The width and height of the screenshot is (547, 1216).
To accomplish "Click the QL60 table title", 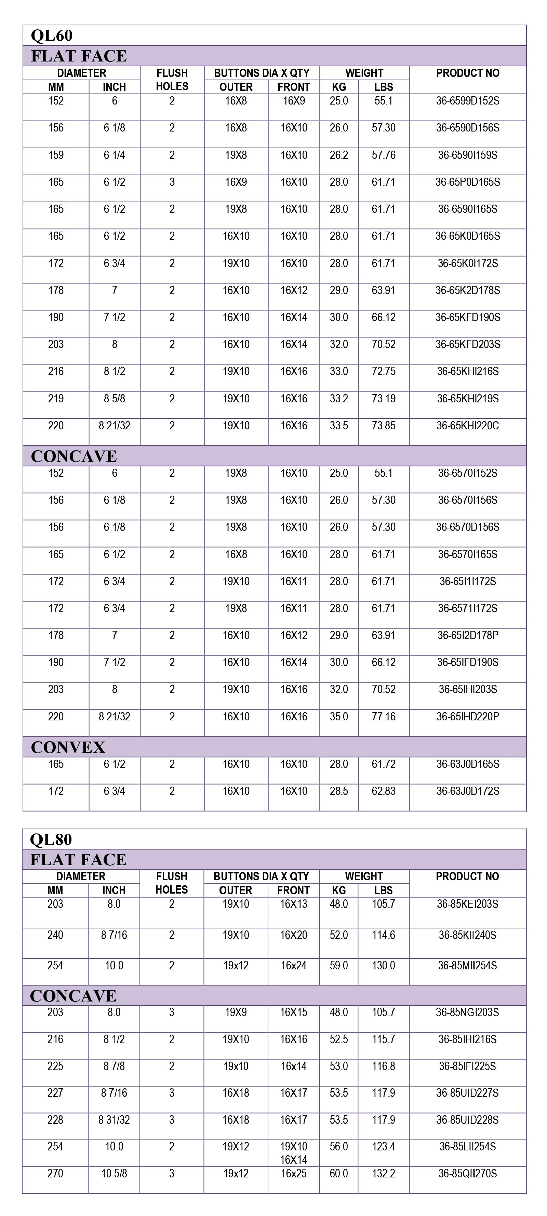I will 52,36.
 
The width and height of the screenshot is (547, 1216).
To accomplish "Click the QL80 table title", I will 51,839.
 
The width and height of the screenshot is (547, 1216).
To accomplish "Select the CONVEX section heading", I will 68,747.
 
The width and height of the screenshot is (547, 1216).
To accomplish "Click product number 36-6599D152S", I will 467,101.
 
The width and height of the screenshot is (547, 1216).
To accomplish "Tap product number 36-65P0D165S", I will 467,182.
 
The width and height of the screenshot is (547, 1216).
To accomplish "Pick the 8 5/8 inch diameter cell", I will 114,399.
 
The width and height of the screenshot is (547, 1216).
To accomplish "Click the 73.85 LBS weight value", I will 383,426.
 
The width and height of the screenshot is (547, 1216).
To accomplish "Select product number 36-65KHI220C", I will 467,426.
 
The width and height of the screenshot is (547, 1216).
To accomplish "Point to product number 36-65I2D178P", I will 467,635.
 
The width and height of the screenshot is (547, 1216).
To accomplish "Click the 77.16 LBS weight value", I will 383,717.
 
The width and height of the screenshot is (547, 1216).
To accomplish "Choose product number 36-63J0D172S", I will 467,791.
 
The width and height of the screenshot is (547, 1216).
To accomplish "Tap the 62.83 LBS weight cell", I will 383,791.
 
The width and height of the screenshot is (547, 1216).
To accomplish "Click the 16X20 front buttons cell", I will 293,935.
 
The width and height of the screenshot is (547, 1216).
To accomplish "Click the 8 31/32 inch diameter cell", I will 114,1120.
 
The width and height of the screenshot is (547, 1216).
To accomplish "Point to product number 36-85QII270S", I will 467,1174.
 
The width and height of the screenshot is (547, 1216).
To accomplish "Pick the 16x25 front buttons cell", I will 293,1174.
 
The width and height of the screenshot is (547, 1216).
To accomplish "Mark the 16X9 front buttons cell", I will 293,101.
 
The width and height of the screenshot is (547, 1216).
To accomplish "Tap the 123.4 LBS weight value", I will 383,1147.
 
